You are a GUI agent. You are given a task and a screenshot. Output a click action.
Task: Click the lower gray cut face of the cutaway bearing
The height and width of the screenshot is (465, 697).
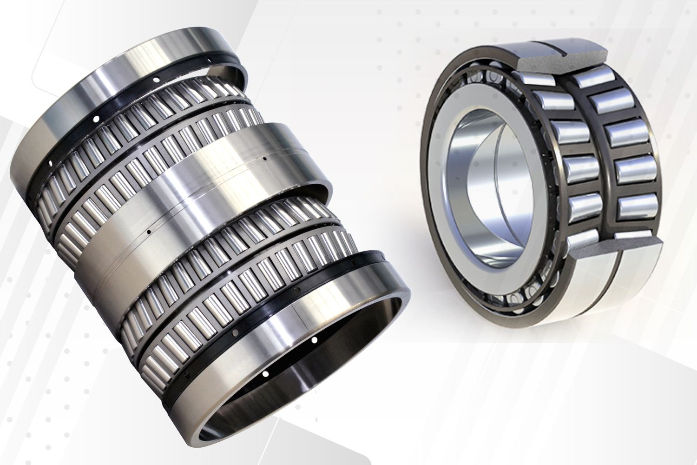(x=618, y=246)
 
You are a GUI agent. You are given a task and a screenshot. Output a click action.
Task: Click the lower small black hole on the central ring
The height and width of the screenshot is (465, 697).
(x=148, y=231)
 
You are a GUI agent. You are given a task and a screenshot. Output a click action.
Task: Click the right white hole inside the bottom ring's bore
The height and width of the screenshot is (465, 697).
(x=314, y=340)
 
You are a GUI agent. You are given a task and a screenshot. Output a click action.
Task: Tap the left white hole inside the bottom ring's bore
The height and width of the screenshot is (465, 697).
(x=265, y=373)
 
